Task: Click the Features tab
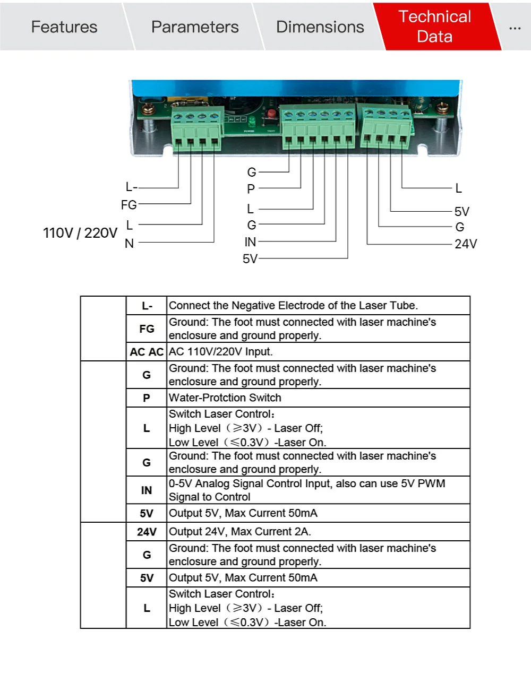pos(64,27)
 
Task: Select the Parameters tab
pos(195,27)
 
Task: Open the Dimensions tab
pos(320,27)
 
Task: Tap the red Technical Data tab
pos(434,27)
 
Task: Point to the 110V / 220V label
pos(80,233)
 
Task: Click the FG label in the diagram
pos(129,205)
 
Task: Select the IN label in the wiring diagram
pos(250,242)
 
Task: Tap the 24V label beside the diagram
pos(466,244)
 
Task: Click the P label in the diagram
pos(251,189)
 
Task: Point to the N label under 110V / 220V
pos(129,244)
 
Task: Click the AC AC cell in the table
pos(147,352)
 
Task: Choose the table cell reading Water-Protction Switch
pos(225,398)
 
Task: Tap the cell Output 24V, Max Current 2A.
pos(240,532)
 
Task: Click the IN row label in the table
pos(147,490)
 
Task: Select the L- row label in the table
pos(147,306)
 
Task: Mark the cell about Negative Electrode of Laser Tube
pos(293,306)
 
